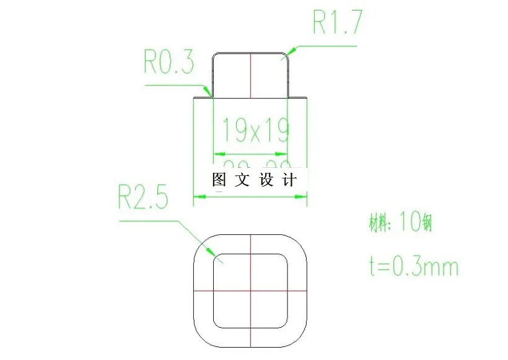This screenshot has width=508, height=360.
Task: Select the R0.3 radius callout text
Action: pyautogui.click(x=169, y=63)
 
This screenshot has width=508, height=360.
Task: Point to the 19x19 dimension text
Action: pyautogui.click(x=255, y=130)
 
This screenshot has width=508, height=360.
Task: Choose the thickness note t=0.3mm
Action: pyautogui.click(x=411, y=266)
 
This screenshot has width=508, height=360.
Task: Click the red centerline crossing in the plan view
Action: pyautogui.click(x=250, y=290)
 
